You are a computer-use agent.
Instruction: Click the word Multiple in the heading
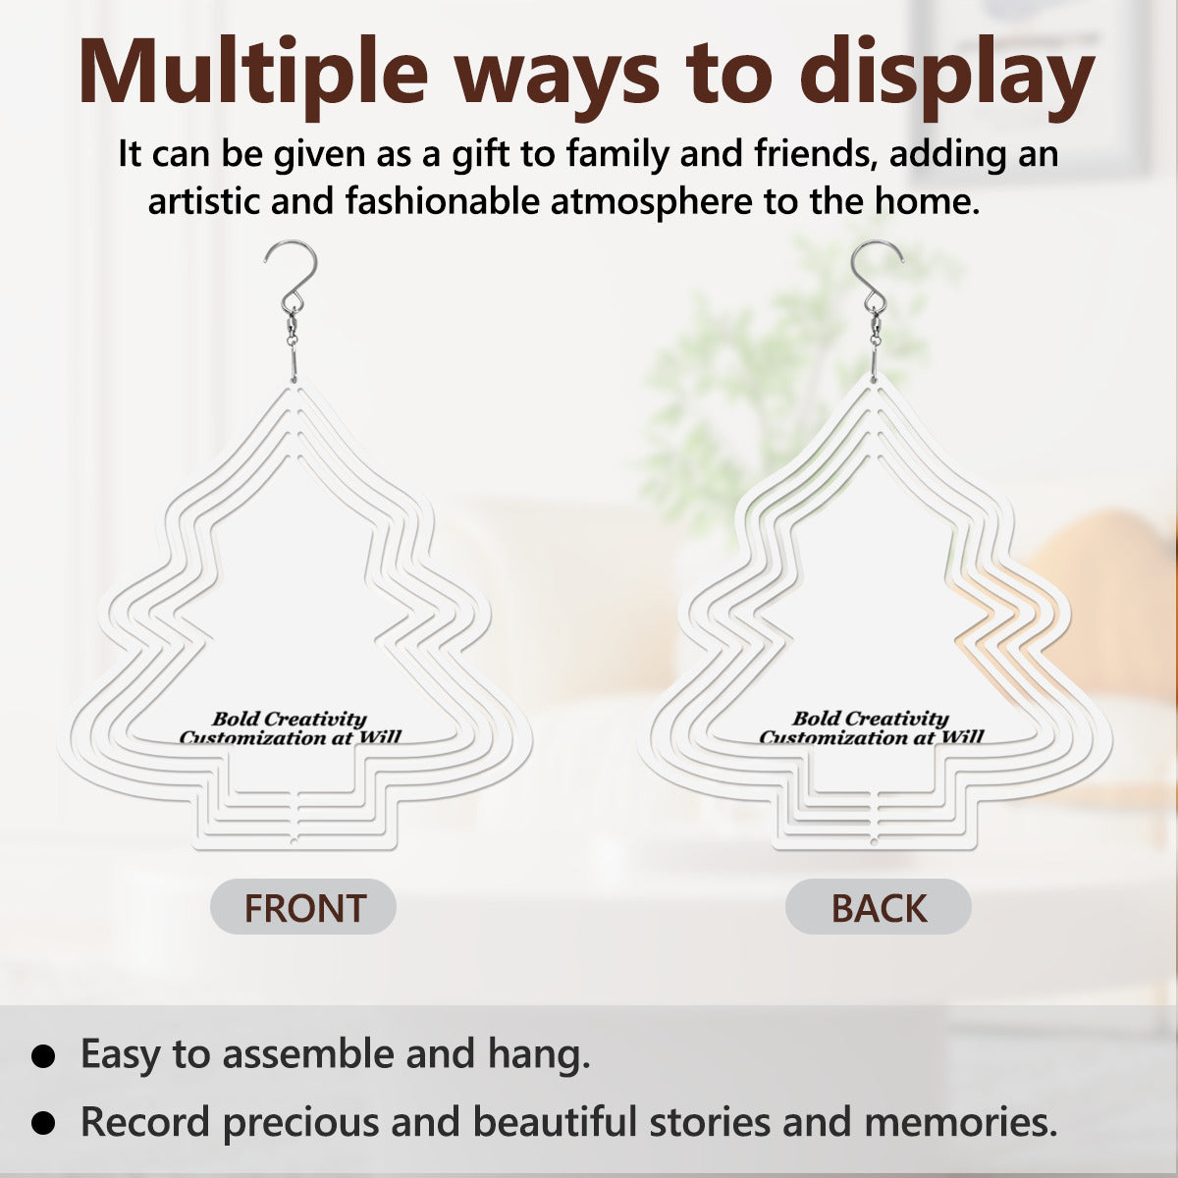pyautogui.click(x=253, y=71)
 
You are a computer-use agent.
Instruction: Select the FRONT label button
pyautogui.click(x=303, y=907)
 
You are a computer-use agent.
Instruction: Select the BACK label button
pyautogui.click(x=879, y=907)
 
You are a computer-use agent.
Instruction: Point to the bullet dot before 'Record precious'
pyautogui.click(x=43, y=1122)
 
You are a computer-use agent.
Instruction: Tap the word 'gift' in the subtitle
pyautogui.click(x=480, y=155)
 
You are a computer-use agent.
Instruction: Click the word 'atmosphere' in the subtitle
pyautogui.click(x=652, y=202)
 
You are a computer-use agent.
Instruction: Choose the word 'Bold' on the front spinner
pyautogui.click(x=236, y=719)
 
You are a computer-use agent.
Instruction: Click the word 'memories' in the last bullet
pyautogui.click(x=960, y=1122)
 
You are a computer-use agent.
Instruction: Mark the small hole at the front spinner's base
pyautogui.click(x=293, y=841)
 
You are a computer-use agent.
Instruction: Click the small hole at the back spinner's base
pyautogui.click(x=874, y=841)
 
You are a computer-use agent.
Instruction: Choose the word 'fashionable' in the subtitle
pyautogui.click(x=442, y=201)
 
